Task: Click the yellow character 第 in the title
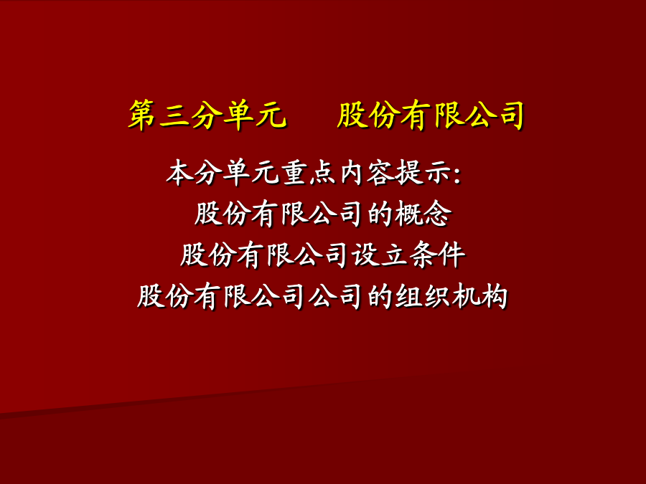(x=141, y=115)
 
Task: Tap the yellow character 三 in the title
(x=174, y=115)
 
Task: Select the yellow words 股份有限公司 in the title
(x=431, y=115)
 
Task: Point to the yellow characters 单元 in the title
(x=254, y=115)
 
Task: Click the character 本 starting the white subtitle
(x=179, y=172)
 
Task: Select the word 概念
(x=423, y=214)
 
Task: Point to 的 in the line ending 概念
(x=380, y=214)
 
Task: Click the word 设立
(x=379, y=255)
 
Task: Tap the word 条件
(x=437, y=255)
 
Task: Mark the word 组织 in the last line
(x=422, y=296)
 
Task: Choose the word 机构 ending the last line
(x=479, y=296)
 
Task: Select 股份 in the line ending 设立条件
(x=207, y=255)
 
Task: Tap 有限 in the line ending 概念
(x=279, y=214)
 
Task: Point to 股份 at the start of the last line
(x=165, y=296)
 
